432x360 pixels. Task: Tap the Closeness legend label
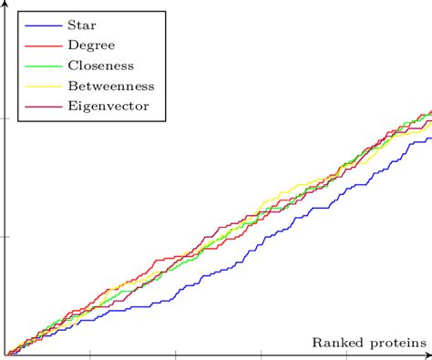[x=101, y=65]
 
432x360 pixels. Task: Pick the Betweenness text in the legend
[x=111, y=86]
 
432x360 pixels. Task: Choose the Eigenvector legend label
[x=108, y=107]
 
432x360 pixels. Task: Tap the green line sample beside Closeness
[x=38, y=66]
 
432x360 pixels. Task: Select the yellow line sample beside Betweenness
[x=38, y=86]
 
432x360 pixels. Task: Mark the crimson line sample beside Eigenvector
[x=38, y=107]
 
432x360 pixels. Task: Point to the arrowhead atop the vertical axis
[x=5, y=4]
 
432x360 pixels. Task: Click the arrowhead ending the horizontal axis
[x=427, y=354]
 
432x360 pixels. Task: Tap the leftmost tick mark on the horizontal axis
[x=90, y=354]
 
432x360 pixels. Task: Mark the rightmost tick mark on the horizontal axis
[x=346, y=354]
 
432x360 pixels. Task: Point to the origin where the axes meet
[x=5, y=354]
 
